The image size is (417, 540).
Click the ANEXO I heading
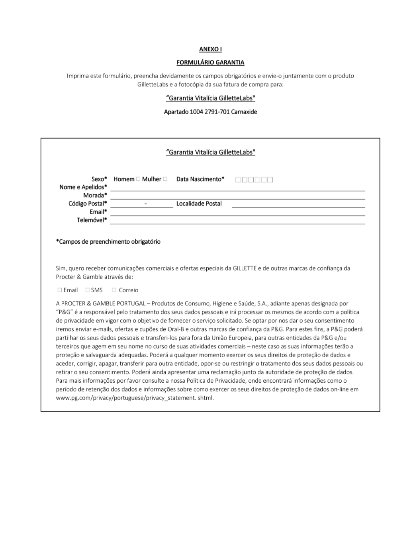(210, 49)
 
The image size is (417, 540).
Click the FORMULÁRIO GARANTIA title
(210, 63)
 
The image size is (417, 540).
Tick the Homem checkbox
(138, 179)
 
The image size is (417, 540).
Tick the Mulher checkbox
(165, 179)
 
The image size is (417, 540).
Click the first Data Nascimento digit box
(238, 180)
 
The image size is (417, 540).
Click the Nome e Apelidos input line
(237, 188)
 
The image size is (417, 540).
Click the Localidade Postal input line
(298, 204)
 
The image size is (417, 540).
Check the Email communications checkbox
(60, 290)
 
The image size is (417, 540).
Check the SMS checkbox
(88, 290)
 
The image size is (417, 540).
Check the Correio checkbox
(114, 290)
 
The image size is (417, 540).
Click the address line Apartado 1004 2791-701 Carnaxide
(210, 112)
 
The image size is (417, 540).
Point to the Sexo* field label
(99, 179)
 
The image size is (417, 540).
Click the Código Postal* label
(88, 203)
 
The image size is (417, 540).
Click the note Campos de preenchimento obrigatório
(108, 242)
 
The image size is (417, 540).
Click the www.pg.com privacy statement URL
(135, 398)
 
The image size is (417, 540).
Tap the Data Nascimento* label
(200, 179)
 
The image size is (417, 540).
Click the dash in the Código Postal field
(146, 204)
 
